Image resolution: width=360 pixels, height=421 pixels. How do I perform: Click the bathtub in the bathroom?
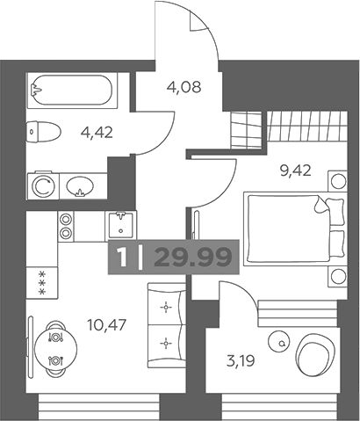coord(72,90)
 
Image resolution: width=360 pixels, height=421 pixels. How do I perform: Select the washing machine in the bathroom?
coord(43,186)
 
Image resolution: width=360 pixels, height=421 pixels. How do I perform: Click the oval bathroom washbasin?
coord(80,186)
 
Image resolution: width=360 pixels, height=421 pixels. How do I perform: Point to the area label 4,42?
coord(97,133)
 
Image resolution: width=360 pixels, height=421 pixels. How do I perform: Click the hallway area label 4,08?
coord(184,87)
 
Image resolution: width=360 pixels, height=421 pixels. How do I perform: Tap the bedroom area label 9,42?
coord(295,171)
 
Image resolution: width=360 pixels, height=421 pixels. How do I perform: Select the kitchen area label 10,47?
coord(107,324)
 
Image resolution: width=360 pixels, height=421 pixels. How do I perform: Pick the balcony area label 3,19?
coord(241,360)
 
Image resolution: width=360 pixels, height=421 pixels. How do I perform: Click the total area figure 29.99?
coord(193,258)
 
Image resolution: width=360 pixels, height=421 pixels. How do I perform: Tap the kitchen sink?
coord(120,226)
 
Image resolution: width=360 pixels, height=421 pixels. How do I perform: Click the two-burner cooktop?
coord(66,226)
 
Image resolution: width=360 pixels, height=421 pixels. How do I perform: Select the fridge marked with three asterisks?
coord(42,282)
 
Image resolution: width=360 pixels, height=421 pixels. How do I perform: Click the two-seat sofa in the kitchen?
coord(166,325)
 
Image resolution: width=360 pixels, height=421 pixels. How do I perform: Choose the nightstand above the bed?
coord(338,181)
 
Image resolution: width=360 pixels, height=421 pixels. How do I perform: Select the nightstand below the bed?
coord(338,277)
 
